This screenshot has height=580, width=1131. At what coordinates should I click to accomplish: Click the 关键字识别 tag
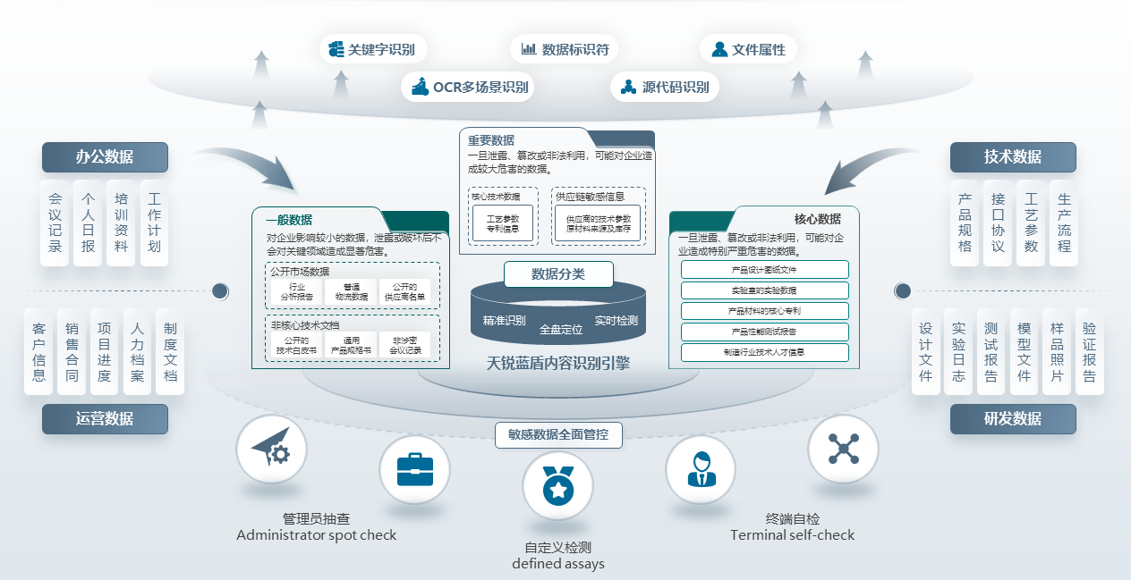pyautogui.click(x=373, y=49)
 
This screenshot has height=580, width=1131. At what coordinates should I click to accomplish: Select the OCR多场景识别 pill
pyautogui.click(x=470, y=88)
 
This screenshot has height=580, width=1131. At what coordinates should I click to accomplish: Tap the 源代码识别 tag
pyautogui.click(x=665, y=88)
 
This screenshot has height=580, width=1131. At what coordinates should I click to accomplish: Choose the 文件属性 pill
pyautogui.click(x=748, y=49)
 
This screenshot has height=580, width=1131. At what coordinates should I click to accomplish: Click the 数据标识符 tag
pyautogui.click(x=565, y=49)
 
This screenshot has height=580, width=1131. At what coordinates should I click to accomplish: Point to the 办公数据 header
pyautogui.click(x=105, y=157)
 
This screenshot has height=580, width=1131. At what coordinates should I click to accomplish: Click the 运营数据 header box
pyautogui.click(x=105, y=418)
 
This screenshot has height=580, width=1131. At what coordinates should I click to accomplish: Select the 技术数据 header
pyautogui.click(x=1013, y=157)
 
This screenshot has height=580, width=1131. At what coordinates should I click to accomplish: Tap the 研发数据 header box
pyautogui.click(x=1013, y=418)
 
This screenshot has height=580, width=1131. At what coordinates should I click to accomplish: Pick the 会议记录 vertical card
pyautogui.click(x=55, y=223)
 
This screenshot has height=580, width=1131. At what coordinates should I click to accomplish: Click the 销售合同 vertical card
pyautogui.click(x=72, y=352)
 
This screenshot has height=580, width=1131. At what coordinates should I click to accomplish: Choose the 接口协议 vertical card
pyautogui.click(x=999, y=223)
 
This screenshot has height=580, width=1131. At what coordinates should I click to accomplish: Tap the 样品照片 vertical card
pyautogui.click(x=1057, y=352)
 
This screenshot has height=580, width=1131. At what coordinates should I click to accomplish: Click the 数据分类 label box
pyautogui.click(x=558, y=274)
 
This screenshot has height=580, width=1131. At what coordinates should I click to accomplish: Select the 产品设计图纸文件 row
pyautogui.click(x=764, y=270)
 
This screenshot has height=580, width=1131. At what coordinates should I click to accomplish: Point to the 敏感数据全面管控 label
pyautogui.click(x=558, y=434)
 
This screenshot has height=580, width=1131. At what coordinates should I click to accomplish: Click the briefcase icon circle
pyautogui.click(x=414, y=470)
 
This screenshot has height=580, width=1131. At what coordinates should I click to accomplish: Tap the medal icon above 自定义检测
pyautogui.click(x=557, y=486)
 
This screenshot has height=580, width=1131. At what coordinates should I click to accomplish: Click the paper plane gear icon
pyautogui.click(x=271, y=450)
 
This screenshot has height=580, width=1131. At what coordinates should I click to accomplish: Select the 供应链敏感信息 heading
pyautogui.click(x=590, y=197)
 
